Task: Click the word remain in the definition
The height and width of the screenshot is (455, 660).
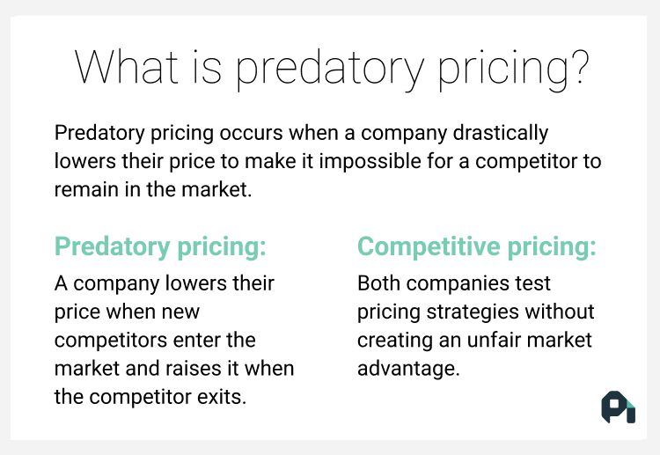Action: coord(84,190)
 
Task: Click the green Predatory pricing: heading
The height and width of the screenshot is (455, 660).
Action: coord(160,247)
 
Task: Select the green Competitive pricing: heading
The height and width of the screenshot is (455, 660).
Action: coord(476,247)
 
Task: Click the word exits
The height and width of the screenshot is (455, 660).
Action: coord(221,396)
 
